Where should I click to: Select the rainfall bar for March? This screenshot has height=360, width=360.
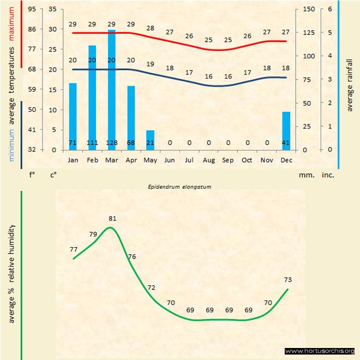(x=112, y=90)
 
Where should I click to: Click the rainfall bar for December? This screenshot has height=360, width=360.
(x=286, y=130)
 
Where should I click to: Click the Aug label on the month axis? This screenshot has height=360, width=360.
(x=208, y=160)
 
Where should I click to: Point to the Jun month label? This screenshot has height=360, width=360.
(x=170, y=160)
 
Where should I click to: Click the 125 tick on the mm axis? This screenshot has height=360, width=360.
(x=308, y=32)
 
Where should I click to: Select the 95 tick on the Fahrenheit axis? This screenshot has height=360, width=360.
(x=32, y=9)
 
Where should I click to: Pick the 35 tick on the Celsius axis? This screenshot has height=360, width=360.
(x=53, y=9)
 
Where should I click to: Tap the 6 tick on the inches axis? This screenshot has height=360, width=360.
(x=330, y=9)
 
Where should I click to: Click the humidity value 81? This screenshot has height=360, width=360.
(x=112, y=219)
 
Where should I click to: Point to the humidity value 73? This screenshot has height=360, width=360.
(x=288, y=280)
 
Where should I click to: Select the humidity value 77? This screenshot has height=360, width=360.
(x=74, y=249)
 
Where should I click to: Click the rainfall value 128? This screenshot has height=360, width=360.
(x=112, y=143)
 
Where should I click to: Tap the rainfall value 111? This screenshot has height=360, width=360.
(x=92, y=143)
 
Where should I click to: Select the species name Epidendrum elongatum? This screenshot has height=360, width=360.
(x=179, y=186)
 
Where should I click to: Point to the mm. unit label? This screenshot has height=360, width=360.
(x=305, y=176)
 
